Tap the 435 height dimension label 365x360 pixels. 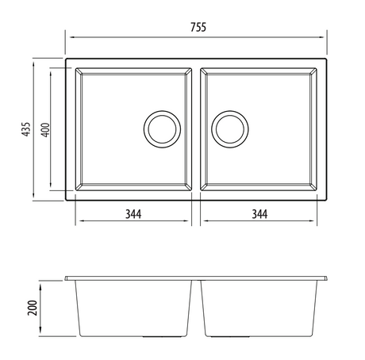26,130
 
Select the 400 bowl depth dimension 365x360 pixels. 45,129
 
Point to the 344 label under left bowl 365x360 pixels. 133,213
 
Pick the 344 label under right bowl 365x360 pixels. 259,213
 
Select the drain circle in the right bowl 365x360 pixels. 232,128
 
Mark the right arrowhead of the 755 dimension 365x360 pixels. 325,37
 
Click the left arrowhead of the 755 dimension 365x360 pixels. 67,37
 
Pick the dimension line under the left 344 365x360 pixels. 133,223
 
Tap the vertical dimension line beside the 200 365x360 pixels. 42,308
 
